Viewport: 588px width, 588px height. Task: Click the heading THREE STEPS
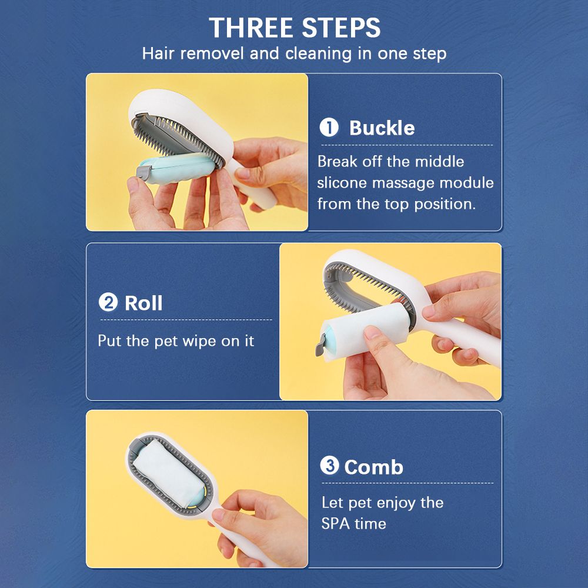(295, 28)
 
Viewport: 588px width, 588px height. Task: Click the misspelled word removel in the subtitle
(212, 54)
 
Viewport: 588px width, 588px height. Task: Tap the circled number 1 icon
(329, 128)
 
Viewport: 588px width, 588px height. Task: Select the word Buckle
(382, 128)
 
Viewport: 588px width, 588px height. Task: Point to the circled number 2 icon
(108, 302)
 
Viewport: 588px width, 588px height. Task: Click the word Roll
(143, 303)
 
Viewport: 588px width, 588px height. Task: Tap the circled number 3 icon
(329, 465)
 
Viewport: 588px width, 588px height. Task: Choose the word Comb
(373, 467)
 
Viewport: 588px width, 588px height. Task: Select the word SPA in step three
(335, 523)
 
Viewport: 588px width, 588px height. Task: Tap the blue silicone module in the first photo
(178, 168)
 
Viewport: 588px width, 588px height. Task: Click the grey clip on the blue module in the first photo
(143, 172)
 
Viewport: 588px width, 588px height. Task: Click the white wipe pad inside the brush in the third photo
(168, 469)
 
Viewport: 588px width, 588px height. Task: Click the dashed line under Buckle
(407, 145)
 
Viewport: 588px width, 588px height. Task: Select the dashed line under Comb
(407, 483)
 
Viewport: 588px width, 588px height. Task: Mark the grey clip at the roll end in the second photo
(320, 344)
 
